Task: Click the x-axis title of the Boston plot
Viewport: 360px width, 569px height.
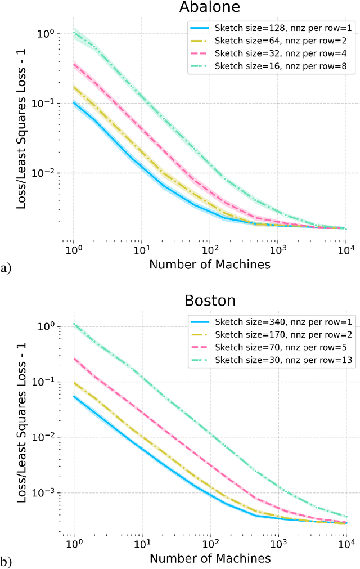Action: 210,558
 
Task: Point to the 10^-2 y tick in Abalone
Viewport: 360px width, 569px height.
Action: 48,173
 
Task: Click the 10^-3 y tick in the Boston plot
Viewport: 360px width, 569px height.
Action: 48,492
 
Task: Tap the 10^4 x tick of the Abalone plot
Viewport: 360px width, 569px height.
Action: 345,248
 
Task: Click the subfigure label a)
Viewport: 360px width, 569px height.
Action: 6,267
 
